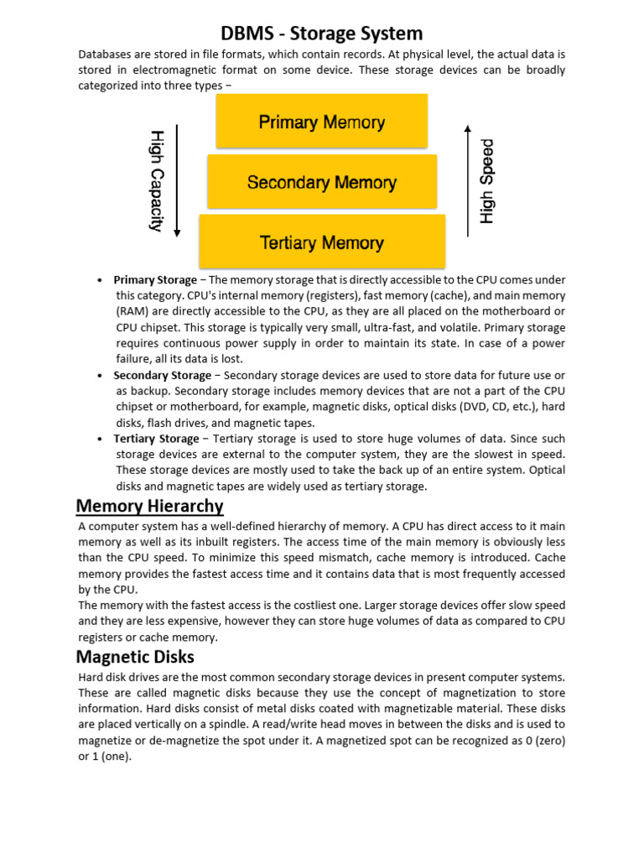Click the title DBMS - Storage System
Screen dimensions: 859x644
322,34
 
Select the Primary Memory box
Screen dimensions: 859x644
322,122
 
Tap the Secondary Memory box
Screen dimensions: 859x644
322,182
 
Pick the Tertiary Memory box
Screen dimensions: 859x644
322,242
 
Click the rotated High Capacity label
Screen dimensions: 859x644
156,180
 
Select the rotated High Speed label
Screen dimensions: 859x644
487,181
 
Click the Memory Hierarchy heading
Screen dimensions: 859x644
149,506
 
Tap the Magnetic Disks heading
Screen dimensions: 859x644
135,656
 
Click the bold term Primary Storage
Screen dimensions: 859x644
155,280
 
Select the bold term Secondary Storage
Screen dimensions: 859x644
163,376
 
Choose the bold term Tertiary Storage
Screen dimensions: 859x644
157,439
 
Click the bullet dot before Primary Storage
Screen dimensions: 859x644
100,280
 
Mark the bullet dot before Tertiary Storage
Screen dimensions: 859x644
100,440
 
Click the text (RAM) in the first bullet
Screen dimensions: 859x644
131,312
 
